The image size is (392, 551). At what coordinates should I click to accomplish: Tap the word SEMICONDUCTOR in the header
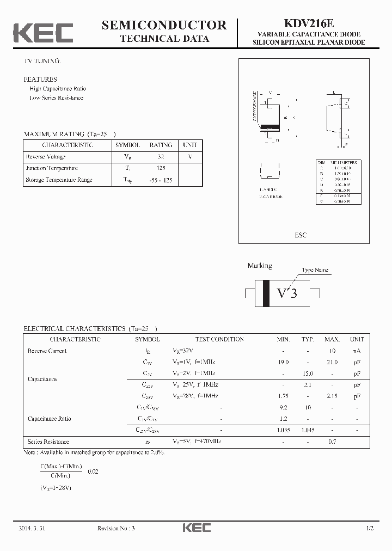[164, 25]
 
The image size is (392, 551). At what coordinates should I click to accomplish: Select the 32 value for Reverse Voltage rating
[161, 157]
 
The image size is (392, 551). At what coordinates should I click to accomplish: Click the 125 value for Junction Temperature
[161, 168]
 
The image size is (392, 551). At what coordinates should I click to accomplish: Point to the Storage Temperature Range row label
[59, 180]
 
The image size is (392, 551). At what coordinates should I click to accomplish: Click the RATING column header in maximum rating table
[161, 145]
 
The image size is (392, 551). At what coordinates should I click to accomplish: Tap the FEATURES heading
[40, 79]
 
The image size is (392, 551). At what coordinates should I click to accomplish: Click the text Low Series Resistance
[56, 98]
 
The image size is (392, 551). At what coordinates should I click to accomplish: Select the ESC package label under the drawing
[301, 235]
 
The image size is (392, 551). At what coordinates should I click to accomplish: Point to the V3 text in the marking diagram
[287, 293]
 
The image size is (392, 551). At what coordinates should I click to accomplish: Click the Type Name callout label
[315, 270]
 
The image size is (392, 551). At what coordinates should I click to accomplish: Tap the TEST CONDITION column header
[219, 339]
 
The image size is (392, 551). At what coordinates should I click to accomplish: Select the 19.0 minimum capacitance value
[283, 362]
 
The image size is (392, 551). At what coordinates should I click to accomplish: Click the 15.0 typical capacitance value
[308, 374]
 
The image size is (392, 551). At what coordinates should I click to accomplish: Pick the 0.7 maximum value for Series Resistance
[332, 442]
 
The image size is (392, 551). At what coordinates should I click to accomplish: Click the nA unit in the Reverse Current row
[357, 351]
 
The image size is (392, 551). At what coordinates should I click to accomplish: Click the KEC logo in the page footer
[196, 528]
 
